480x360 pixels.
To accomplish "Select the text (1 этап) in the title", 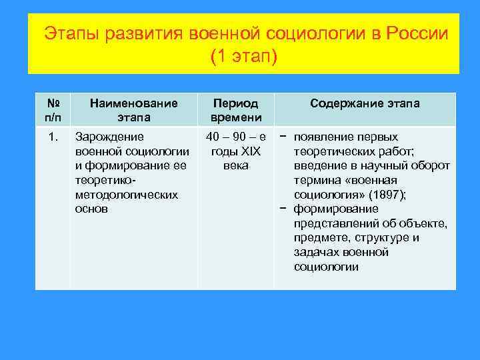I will click(x=243, y=57).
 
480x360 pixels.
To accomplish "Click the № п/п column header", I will click(x=53, y=110).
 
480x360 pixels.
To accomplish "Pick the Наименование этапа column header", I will click(x=133, y=110).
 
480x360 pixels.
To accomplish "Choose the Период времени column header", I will click(x=235, y=110).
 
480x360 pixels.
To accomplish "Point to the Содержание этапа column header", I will click(x=365, y=103).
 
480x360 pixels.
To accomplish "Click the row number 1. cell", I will click(x=53, y=137).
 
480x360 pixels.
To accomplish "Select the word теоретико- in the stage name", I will click(x=105, y=180).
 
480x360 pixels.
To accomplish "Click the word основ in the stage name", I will click(x=92, y=209).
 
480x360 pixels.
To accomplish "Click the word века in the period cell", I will click(x=236, y=165).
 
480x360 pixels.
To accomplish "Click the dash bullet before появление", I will click(x=284, y=137).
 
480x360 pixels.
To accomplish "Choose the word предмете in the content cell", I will click(x=319, y=238).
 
